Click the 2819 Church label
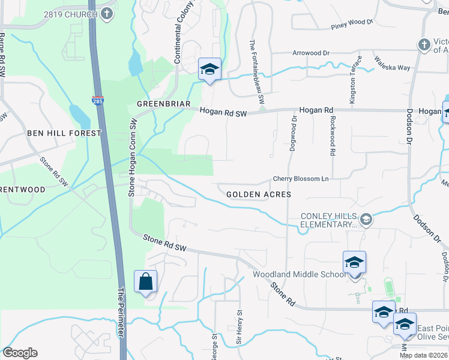(x=71, y=14)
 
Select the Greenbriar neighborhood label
(x=158, y=104)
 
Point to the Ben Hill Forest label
(x=64, y=133)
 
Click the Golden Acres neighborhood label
(x=259, y=194)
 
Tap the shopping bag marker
(x=146, y=281)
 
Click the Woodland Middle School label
(x=298, y=274)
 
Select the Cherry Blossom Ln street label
(x=301, y=179)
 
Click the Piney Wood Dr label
(x=352, y=24)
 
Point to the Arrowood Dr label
(x=311, y=53)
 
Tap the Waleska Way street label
(x=392, y=63)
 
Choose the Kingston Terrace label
(x=354, y=78)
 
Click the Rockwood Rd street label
(x=331, y=136)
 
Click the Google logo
(x=20, y=353)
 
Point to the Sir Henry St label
(x=238, y=327)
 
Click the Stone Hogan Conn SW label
(x=132, y=158)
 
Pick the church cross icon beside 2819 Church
(x=107, y=14)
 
